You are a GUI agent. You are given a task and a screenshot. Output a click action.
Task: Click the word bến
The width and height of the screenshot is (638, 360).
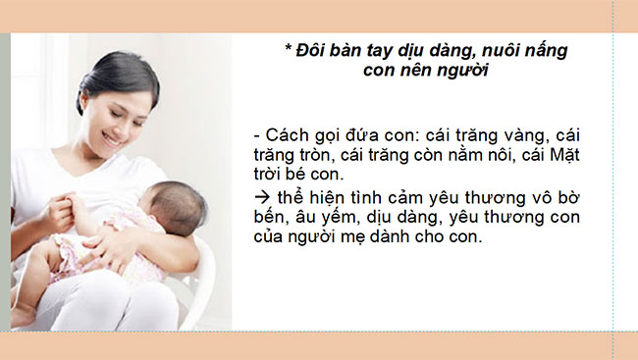[x=270, y=218]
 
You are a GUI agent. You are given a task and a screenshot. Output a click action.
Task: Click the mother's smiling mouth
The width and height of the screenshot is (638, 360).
[x=115, y=139]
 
